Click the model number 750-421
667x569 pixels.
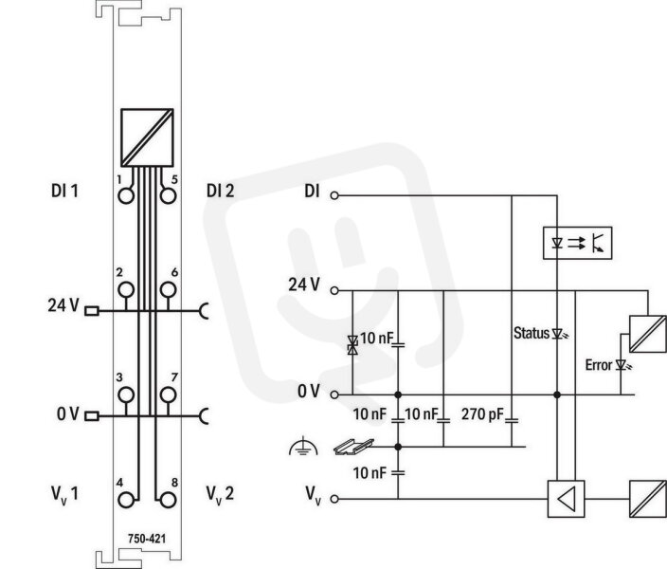(147, 539)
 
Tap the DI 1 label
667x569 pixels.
(64, 191)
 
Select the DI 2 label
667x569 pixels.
(221, 191)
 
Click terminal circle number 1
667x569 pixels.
(126, 196)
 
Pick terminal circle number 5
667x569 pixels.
(169, 196)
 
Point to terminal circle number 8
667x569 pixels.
(169, 500)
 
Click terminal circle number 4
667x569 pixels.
(126, 500)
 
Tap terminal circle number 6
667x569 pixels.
(169, 289)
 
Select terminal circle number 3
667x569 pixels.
(126, 395)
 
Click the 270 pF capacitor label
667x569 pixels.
(482, 413)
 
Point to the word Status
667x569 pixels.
(532, 333)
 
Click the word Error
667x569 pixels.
(599, 365)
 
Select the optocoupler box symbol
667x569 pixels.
(578, 243)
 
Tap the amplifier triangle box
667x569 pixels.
(566, 499)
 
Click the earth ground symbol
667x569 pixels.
(303, 447)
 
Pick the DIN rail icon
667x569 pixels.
(353, 447)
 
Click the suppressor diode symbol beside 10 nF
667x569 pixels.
(352, 344)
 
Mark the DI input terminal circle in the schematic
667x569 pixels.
(334, 195)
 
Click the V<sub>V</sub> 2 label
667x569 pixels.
(220, 494)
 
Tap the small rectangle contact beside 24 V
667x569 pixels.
(92, 311)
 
